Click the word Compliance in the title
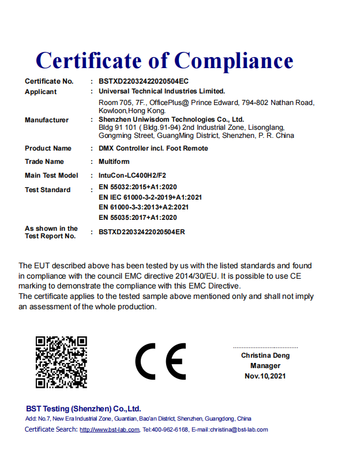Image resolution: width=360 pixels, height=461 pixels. click(x=234, y=60)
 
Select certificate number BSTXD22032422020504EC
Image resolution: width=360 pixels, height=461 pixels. click(x=144, y=81)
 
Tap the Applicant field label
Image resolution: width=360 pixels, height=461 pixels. click(x=40, y=92)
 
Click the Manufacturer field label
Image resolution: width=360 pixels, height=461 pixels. click(x=46, y=120)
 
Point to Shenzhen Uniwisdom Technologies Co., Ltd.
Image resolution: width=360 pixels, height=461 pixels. click(x=171, y=119)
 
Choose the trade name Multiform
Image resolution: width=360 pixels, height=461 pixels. click(x=114, y=162)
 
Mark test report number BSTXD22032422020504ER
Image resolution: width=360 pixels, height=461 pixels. click(x=142, y=232)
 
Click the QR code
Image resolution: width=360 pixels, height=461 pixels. click(x=61, y=362)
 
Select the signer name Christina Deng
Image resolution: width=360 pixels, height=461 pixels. click(x=265, y=355)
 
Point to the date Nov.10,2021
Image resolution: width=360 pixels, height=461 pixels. click(x=265, y=376)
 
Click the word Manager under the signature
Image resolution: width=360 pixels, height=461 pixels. click(x=265, y=366)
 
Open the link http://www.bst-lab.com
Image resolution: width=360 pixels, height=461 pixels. click(x=109, y=430)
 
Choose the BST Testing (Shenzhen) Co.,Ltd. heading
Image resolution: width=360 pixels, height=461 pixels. click(x=83, y=408)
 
